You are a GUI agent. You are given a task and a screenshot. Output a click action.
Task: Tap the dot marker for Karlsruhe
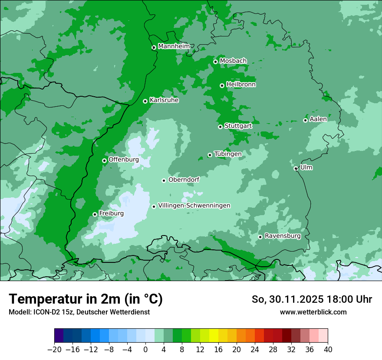pyautogui.click(x=145, y=101)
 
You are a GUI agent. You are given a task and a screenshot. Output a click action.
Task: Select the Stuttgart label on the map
pyautogui.click(x=238, y=126)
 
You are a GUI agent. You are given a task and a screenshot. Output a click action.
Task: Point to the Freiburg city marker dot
pyautogui.click(x=95, y=214)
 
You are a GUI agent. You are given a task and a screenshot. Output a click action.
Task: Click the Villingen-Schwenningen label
pyautogui.click(x=194, y=206)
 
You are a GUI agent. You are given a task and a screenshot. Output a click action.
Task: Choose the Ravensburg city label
pyautogui.click(x=282, y=236)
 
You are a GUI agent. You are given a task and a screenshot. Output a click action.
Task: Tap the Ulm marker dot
pyautogui.click(x=296, y=168)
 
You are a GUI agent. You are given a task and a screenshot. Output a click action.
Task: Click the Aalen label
pyautogui.click(x=318, y=119)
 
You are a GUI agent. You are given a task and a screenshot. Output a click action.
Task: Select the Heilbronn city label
pyautogui.click(x=241, y=85)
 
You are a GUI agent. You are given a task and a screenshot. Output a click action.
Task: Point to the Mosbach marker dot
pyautogui.click(x=215, y=62)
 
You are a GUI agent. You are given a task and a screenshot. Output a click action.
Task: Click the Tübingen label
pyautogui.click(x=227, y=154)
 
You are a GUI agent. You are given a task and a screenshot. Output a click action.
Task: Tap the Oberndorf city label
pyautogui.click(x=184, y=180)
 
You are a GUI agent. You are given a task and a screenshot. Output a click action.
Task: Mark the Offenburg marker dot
pyautogui.click(x=105, y=160)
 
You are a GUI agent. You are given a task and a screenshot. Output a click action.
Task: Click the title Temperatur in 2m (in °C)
pyautogui.click(x=86, y=299)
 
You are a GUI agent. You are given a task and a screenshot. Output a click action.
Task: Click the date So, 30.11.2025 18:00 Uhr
pyautogui.click(x=312, y=299)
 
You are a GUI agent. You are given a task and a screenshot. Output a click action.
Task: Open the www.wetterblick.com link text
pyautogui.click(x=313, y=312)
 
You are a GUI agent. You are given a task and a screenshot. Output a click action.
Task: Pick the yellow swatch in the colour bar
pyautogui.click(x=214, y=336)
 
